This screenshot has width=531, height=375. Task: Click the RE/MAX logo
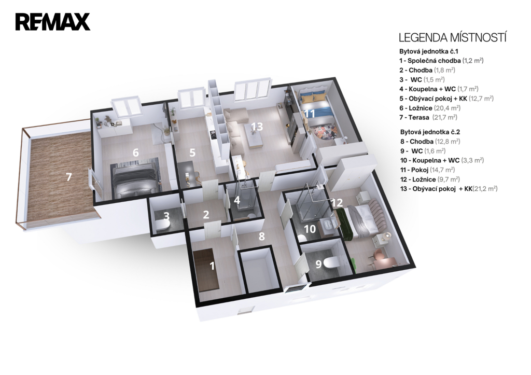[x=52, y=22]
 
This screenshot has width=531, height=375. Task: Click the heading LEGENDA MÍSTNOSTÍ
[x=452, y=37]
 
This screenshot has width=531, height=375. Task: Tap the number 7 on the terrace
[x=69, y=177]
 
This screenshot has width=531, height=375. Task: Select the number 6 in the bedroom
[x=135, y=152]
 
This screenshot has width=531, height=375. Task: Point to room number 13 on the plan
[x=257, y=127]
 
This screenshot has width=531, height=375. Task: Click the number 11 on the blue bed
[x=309, y=113]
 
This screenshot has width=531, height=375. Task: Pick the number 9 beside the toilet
[x=318, y=264]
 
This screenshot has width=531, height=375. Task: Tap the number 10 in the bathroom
[x=310, y=229]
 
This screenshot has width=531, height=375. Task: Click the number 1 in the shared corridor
[x=212, y=266]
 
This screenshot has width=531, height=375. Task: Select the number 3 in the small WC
[x=166, y=216]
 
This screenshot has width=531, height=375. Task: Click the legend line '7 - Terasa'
[x=428, y=118]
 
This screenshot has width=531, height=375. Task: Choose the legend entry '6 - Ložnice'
[x=430, y=108]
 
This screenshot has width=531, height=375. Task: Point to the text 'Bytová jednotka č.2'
[x=430, y=132]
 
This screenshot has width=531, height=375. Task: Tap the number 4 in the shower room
[x=237, y=200]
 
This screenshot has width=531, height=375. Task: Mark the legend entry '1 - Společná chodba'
[x=441, y=61]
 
